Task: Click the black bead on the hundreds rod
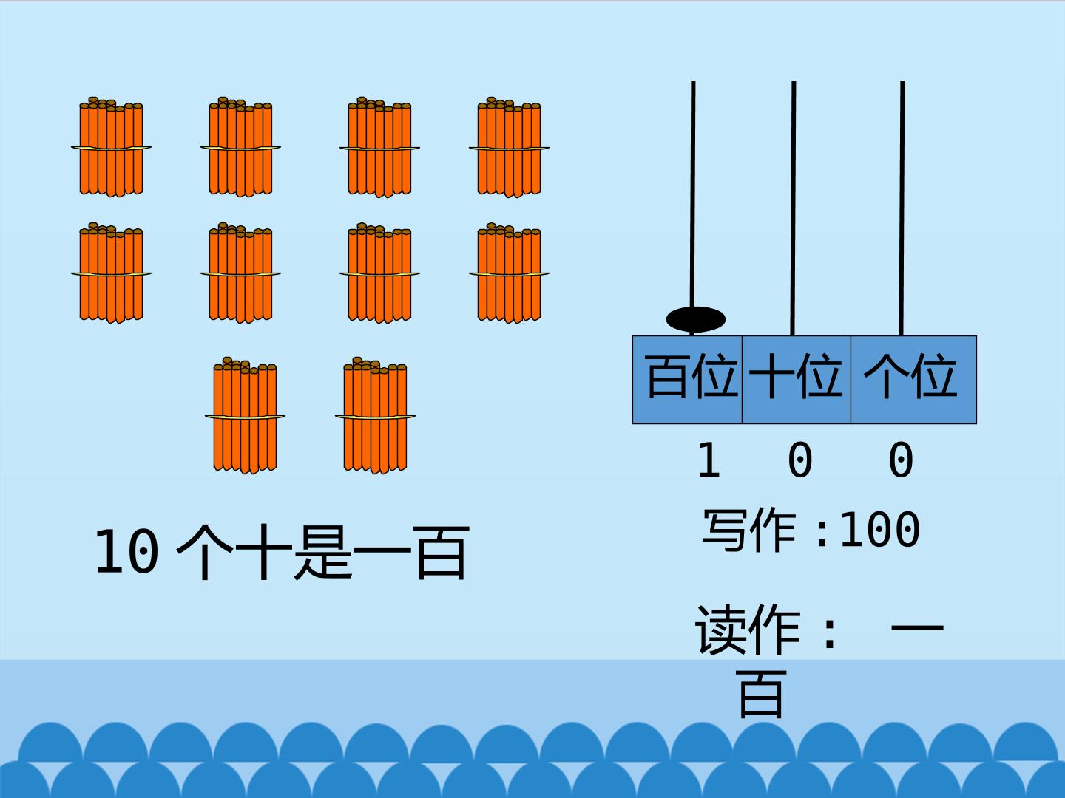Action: coord(695,319)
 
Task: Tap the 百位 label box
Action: coord(687,379)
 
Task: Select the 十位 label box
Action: coord(797,379)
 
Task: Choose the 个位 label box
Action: coord(913,379)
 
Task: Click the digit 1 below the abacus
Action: coord(709,460)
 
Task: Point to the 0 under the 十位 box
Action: coord(799,460)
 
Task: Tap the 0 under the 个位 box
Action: coord(901,460)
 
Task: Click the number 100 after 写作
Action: coord(879,530)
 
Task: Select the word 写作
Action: coord(749,530)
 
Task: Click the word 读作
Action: coord(747,629)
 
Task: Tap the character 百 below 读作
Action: coord(760,693)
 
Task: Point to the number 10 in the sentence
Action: coord(126,551)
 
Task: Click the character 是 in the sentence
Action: coord(323,552)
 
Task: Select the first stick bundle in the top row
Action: coord(111,147)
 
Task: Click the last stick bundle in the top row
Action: coord(509,147)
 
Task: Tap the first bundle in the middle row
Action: coord(111,273)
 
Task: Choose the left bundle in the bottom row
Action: coord(245,415)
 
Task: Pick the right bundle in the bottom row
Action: coord(375,415)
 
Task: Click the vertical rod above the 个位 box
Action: coord(902,208)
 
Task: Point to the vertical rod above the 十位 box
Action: coord(794,208)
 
